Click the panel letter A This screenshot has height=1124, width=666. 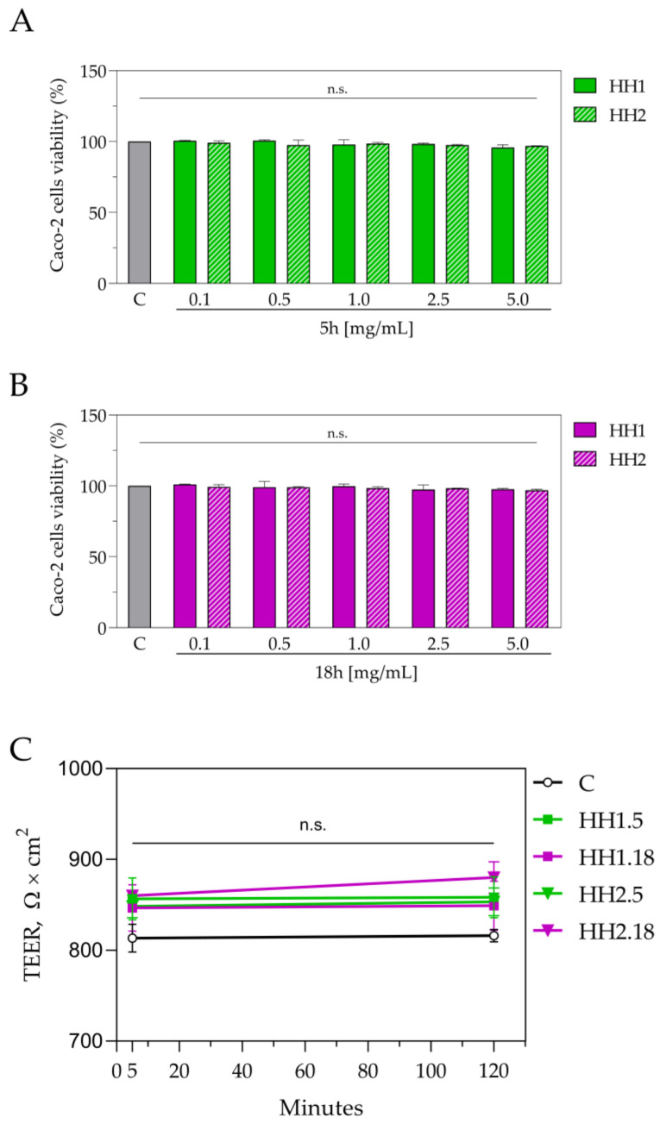[22, 22]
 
